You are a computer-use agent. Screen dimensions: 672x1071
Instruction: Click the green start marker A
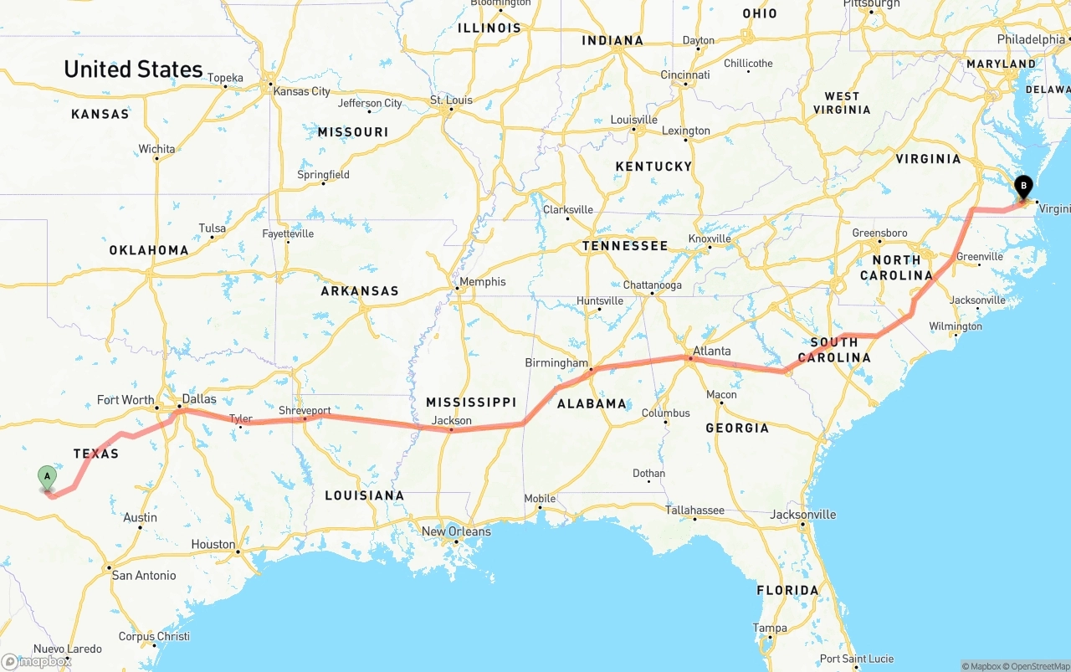pos(48,478)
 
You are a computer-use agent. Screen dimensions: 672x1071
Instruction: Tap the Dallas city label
pos(199,399)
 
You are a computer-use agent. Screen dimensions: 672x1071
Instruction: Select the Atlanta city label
pos(712,351)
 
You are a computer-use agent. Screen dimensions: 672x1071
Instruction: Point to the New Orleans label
pos(456,531)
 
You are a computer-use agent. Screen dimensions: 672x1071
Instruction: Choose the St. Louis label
pos(452,100)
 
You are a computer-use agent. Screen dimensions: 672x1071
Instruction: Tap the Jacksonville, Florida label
pos(803,515)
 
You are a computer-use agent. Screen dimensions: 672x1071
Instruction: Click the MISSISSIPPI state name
pos(470,403)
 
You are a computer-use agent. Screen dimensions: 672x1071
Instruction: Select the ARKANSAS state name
pos(360,291)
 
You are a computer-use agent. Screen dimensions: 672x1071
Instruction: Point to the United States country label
pos(133,69)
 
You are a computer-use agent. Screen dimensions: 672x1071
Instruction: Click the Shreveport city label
pos(305,411)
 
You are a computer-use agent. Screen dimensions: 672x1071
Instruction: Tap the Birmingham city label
pos(556,363)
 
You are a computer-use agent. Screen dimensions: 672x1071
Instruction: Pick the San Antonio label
pos(144,575)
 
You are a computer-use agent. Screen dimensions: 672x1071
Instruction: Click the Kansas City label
pos(302,91)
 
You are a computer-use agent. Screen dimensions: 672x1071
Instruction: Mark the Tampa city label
pos(770,628)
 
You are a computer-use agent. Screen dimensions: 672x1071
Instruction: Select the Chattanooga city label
pos(653,285)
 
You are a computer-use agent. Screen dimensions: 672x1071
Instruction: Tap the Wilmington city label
pos(955,326)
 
